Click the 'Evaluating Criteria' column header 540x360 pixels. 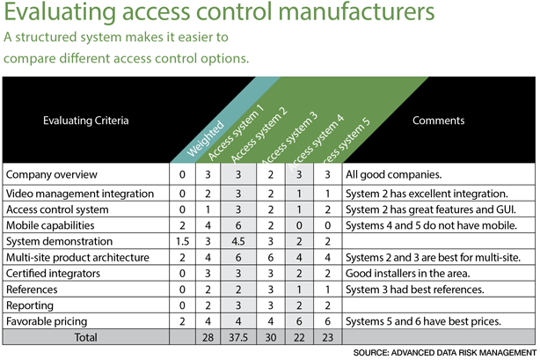click(x=86, y=121)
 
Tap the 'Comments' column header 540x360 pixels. click(x=438, y=121)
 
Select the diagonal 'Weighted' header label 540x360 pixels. click(x=205, y=138)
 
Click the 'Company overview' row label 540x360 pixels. click(x=52, y=174)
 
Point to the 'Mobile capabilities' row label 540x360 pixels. click(x=50, y=225)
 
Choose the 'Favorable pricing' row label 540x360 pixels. click(x=47, y=321)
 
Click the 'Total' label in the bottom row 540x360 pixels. click(x=86, y=337)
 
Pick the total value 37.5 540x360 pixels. click(x=238, y=337)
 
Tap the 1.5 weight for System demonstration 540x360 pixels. click(x=182, y=241)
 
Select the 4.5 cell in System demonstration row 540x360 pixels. click(x=238, y=241)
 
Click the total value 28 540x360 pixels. click(x=208, y=337)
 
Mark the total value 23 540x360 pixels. click(x=327, y=337)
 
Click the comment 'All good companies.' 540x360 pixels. click(x=394, y=174)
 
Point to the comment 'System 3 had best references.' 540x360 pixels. click(x=415, y=290)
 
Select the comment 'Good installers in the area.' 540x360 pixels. click(x=408, y=274)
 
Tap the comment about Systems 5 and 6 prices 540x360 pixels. click(x=423, y=321)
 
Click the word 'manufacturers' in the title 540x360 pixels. click(x=356, y=11)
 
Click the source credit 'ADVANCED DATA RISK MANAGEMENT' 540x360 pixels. click(x=463, y=352)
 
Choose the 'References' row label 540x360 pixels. click(x=32, y=290)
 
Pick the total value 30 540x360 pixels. click(x=271, y=337)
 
